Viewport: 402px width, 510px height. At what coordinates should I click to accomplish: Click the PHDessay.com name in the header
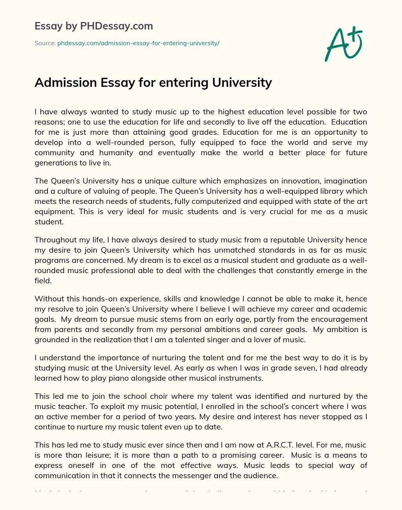[116, 26]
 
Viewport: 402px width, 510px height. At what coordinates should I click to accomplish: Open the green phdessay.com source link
[138, 43]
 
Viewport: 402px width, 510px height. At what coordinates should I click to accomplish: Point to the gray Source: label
[45, 43]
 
